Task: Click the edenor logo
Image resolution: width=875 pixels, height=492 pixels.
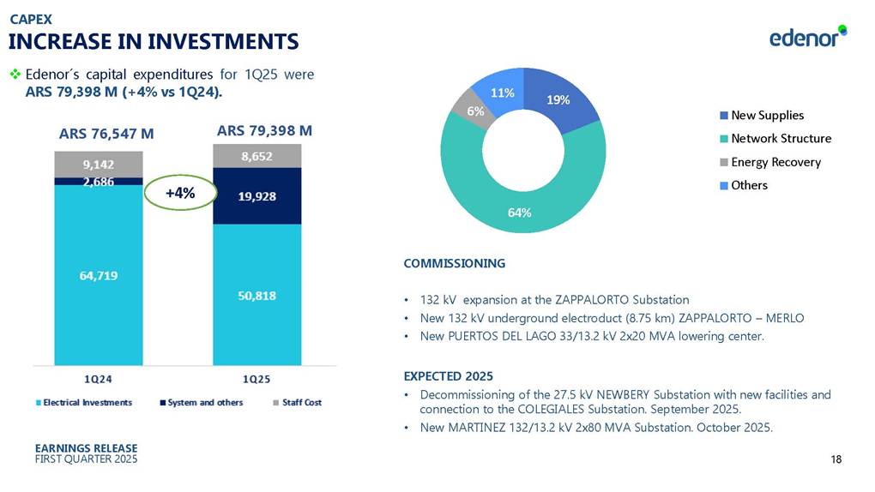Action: (806, 38)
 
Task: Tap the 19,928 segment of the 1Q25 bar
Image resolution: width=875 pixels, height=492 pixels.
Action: (257, 195)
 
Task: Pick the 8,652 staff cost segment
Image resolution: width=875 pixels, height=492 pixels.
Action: (257, 156)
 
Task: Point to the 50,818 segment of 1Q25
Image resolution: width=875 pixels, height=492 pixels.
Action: (257, 295)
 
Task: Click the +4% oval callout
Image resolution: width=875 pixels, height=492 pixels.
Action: (178, 193)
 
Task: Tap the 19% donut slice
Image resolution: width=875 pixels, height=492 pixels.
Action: (558, 101)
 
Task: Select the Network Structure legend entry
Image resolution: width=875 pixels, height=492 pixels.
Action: (781, 139)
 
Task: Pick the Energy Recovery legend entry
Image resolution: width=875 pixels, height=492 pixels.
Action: (775, 162)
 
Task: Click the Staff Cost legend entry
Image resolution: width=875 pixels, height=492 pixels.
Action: (301, 402)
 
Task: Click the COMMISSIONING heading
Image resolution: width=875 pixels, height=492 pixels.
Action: (454, 263)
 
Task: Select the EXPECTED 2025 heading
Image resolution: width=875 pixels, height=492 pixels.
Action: (448, 376)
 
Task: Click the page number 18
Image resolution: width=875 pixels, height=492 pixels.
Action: (836, 460)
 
